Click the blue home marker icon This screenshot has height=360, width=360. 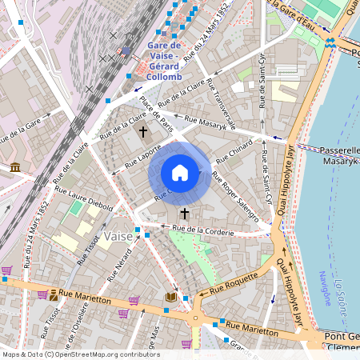pos(180,173)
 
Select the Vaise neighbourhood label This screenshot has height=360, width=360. pos(118,237)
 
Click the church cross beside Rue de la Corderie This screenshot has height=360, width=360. pos(185,214)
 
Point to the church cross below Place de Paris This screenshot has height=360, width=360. pos(144,131)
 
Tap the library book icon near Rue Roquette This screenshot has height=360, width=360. pos(170,297)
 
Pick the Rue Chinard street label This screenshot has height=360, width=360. pos(234,152)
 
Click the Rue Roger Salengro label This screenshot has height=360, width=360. pos(241,194)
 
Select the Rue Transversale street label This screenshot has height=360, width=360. pos(222,105)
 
